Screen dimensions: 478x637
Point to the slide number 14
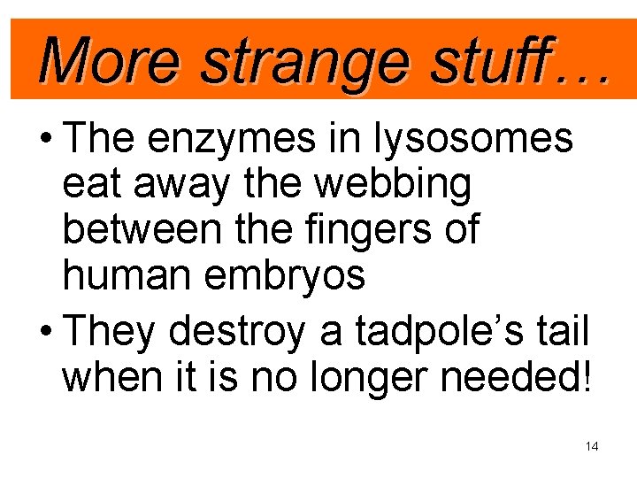tap(592, 447)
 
